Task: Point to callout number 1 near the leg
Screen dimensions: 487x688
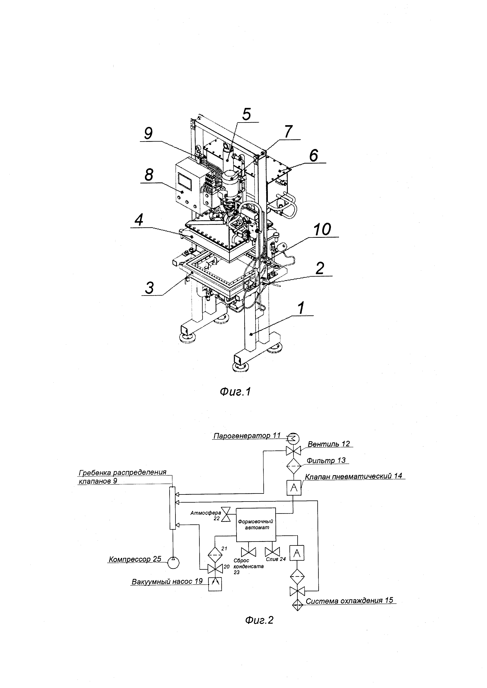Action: click(x=301, y=308)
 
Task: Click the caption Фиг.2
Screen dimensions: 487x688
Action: click(x=259, y=619)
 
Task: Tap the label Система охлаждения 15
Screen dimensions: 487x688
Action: click(x=349, y=600)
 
